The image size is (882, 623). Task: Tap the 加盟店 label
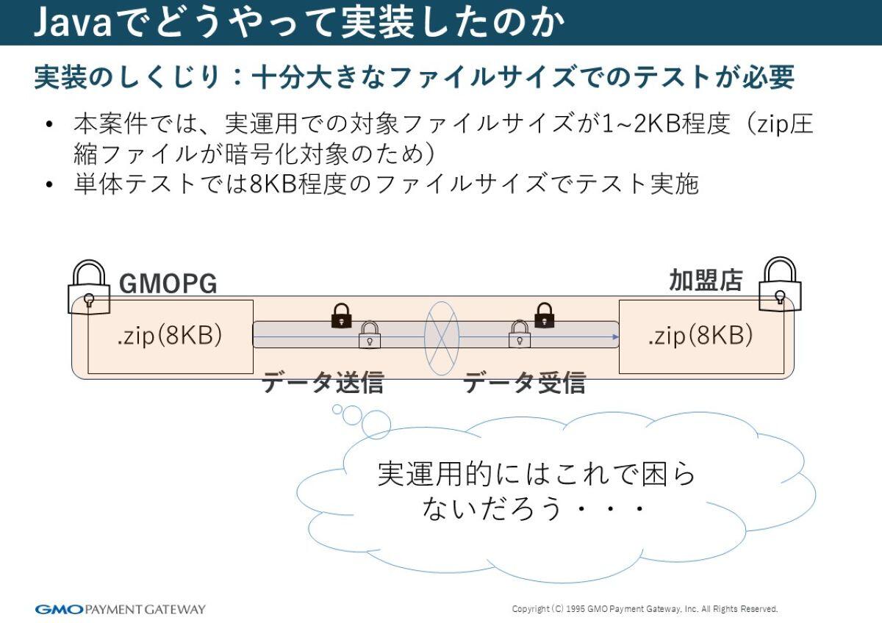(x=705, y=280)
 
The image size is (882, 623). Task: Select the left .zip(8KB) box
(x=170, y=336)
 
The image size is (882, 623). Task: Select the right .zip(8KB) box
(x=700, y=336)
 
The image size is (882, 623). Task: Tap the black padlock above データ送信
(x=341, y=315)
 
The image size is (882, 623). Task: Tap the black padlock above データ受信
(x=544, y=315)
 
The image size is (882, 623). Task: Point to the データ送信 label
(x=323, y=383)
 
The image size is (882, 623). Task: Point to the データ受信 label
(x=524, y=383)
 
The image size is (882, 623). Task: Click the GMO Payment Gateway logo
(x=121, y=609)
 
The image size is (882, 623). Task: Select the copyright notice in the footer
(x=644, y=609)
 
